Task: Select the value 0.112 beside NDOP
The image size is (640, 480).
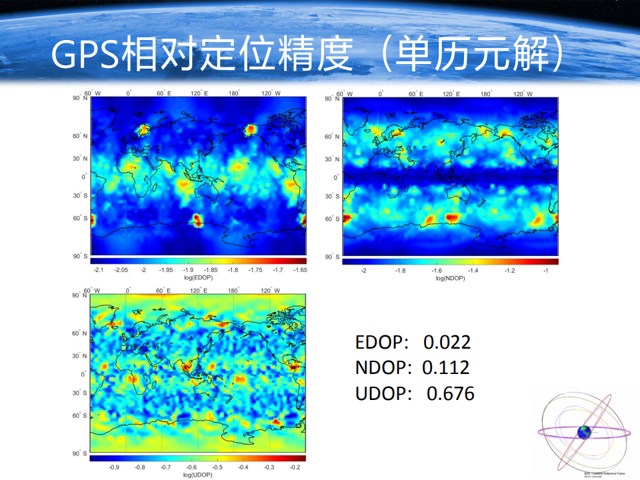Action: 446,367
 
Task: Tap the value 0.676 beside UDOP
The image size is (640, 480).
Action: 450,393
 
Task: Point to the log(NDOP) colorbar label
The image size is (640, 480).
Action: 450,278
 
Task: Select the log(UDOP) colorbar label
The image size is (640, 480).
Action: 197,475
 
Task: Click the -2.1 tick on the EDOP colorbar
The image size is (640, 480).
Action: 99,270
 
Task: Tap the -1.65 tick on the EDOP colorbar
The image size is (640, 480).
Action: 299,270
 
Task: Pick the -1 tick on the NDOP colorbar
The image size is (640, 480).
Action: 546,271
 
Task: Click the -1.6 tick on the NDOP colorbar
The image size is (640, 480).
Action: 437,271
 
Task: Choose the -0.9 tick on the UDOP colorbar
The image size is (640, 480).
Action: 114,468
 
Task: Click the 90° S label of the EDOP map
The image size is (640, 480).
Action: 81,256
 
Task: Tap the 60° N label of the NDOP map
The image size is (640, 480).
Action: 332,137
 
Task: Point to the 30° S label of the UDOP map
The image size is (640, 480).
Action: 81,393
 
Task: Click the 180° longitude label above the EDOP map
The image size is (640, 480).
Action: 233,93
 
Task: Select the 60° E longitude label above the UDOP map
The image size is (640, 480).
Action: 163,291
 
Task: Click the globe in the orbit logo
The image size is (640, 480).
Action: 585,432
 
